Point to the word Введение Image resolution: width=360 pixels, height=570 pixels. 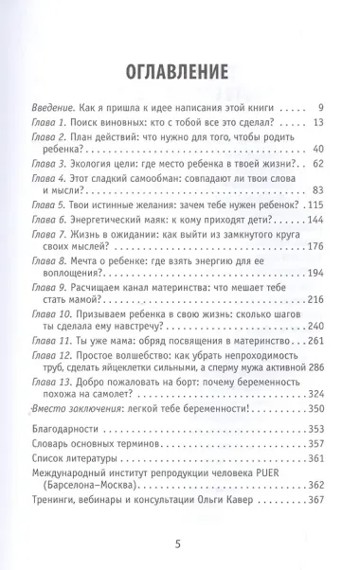(x=53, y=107)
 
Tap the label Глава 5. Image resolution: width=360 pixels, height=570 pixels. (x=49, y=205)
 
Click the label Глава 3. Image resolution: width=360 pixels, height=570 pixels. (x=49, y=163)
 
